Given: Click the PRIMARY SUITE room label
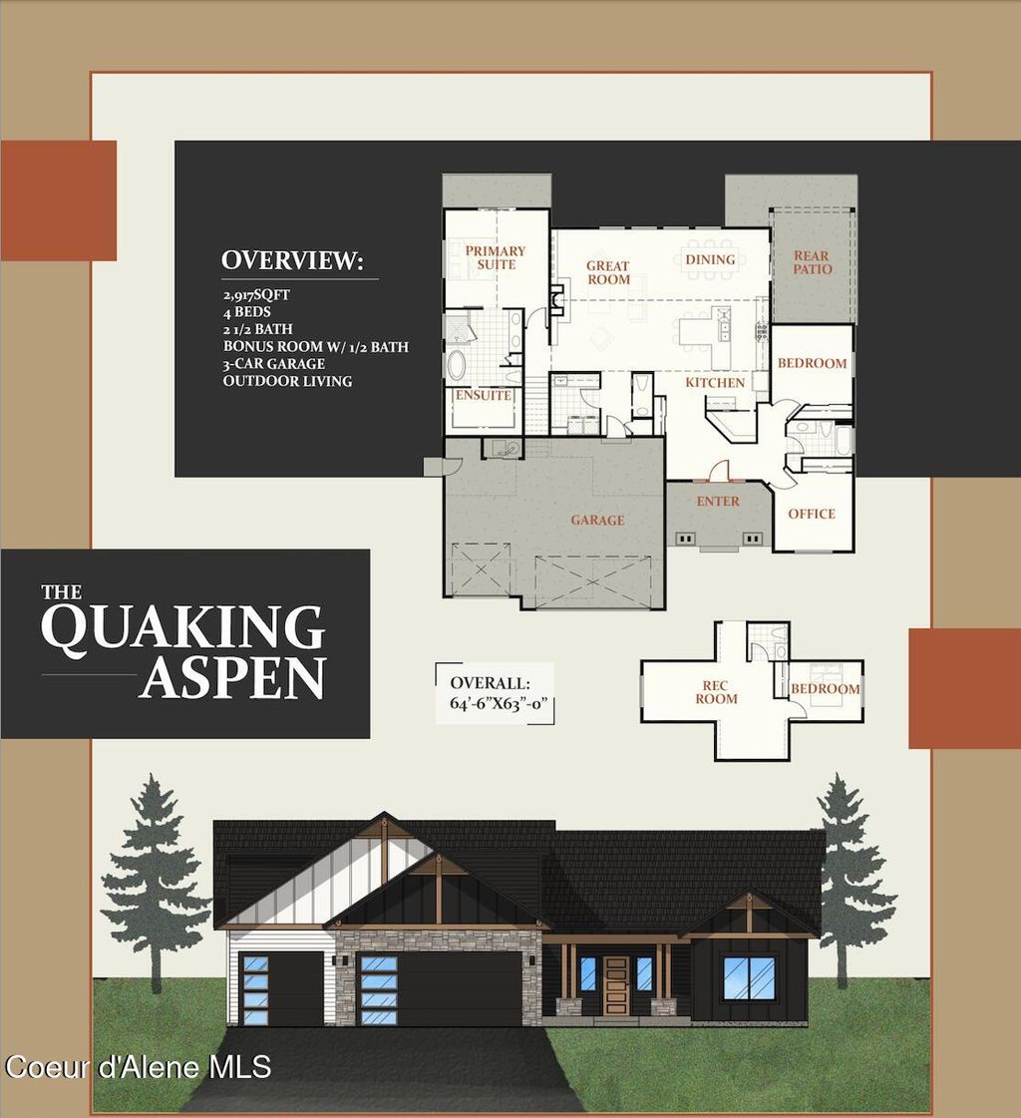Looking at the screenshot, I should [x=496, y=257].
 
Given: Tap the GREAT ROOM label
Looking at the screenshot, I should [x=607, y=272].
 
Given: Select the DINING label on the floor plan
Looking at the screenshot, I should [x=710, y=259].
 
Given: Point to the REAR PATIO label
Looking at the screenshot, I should [x=812, y=262].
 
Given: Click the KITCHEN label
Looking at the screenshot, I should [x=715, y=383].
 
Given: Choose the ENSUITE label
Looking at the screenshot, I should [x=484, y=396].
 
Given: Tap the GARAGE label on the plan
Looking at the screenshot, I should [x=597, y=520].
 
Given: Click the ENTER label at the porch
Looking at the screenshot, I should [x=718, y=502].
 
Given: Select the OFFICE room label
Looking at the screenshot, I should [x=812, y=514].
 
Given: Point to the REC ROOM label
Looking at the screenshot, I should [x=717, y=692].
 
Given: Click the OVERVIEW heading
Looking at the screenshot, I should [x=292, y=261].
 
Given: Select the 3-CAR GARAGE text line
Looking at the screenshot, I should [x=273, y=364].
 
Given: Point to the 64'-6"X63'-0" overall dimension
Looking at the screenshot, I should [x=495, y=702].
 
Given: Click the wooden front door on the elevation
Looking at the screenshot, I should [x=616, y=986].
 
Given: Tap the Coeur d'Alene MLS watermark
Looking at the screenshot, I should [x=138, y=1066].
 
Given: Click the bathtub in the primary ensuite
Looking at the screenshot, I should [x=456, y=364].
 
